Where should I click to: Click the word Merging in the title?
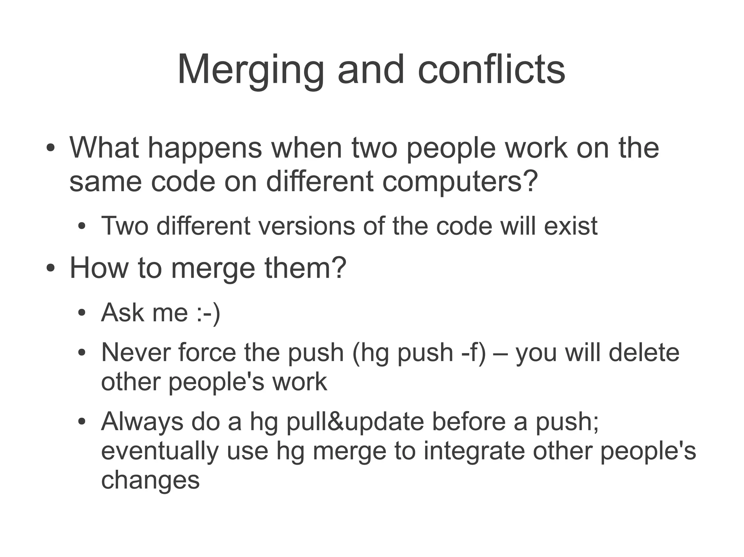point(250,70)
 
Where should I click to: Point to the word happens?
point(205,149)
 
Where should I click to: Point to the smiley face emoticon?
point(208,312)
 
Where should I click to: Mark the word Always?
point(142,422)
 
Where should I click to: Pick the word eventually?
point(160,451)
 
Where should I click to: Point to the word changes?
point(150,480)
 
